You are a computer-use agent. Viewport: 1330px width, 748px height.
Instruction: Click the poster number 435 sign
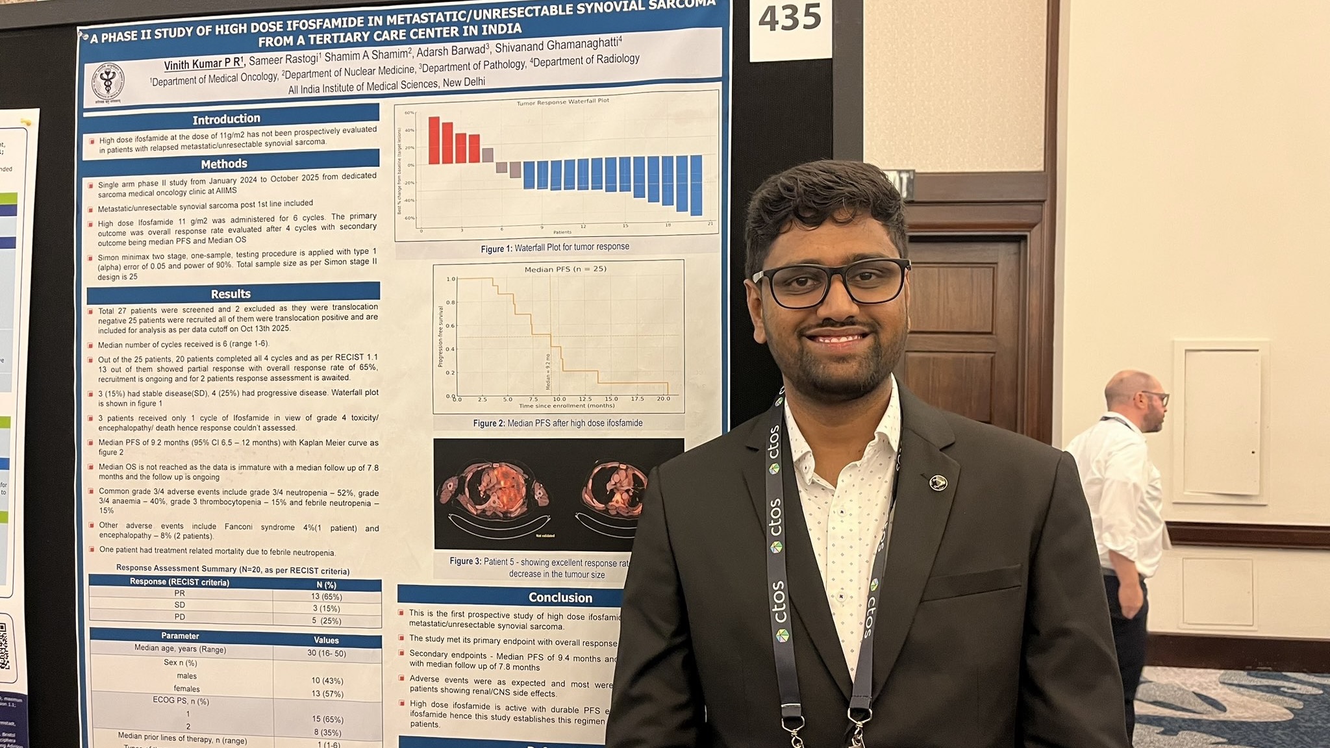pos(790,19)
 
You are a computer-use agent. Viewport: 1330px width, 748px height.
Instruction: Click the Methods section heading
pos(224,164)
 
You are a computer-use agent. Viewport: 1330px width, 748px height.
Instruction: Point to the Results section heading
pos(231,293)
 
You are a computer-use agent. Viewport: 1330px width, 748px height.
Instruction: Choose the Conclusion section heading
pos(560,597)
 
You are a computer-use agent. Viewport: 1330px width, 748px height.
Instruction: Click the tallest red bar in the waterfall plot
pos(434,140)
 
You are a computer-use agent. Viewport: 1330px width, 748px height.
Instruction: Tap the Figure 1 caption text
pos(555,247)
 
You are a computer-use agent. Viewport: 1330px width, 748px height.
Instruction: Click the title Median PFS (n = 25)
pos(565,269)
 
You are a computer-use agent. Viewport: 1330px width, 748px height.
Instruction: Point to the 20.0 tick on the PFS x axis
pos(663,399)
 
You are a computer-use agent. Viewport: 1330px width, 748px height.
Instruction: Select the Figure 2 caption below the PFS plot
pos(558,423)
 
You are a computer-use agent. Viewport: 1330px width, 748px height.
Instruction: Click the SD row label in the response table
pos(180,605)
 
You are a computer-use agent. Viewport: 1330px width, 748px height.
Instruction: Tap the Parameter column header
pos(180,636)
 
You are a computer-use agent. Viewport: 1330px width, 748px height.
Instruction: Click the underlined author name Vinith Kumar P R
pos(203,64)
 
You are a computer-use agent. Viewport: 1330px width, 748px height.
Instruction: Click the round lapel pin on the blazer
pos(938,482)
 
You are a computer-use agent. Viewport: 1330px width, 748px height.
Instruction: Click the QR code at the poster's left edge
pos(5,646)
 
